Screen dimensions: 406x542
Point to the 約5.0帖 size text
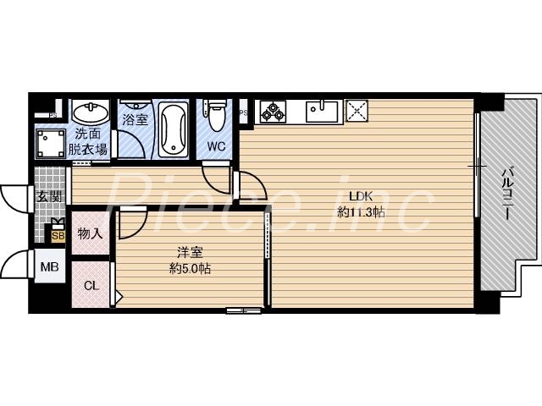tap(190, 269)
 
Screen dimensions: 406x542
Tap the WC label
tap(216, 145)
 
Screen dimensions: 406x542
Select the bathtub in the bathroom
tap(174, 129)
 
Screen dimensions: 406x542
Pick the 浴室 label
tap(135, 119)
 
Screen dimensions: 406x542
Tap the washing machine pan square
tap(51, 143)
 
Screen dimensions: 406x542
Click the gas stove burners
tap(274, 110)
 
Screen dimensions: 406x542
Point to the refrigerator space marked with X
tap(357, 110)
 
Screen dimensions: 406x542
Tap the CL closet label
tap(91, 285)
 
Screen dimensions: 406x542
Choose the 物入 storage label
tap(90, 233)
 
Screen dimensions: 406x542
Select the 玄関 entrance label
tap(48, 198)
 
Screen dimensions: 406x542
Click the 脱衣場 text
tap(88, 150)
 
